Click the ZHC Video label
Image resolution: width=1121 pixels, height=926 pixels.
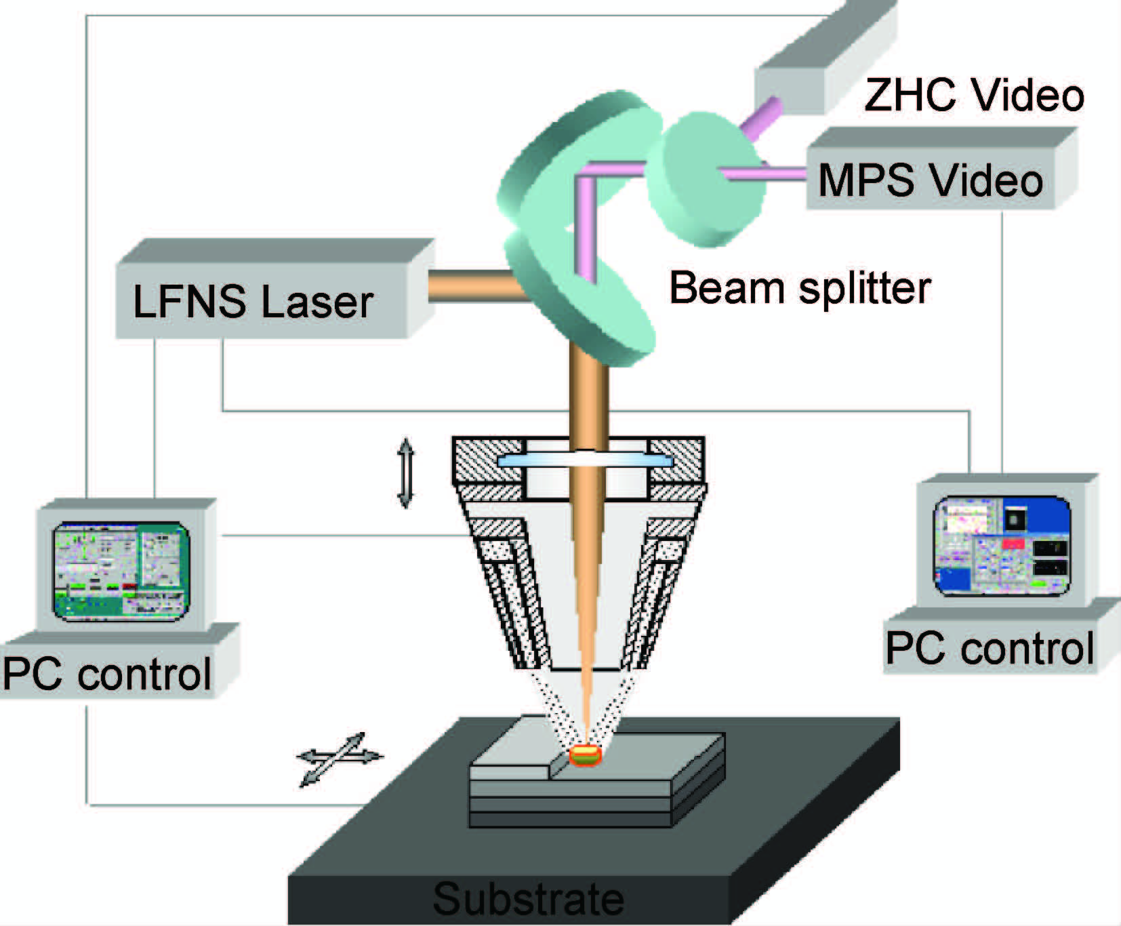(974, 96)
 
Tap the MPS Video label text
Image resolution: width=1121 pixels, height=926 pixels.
(930, 180)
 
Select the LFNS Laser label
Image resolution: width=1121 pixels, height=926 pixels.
(253, 302)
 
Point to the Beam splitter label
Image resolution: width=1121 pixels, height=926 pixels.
(800, 288)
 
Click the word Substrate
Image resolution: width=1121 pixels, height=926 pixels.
(528, 899)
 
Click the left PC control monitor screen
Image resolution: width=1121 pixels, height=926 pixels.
(122, 571)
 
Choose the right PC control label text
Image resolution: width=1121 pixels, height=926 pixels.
(990, 648)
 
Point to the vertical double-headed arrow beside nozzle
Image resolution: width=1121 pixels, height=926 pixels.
(405, 472)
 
